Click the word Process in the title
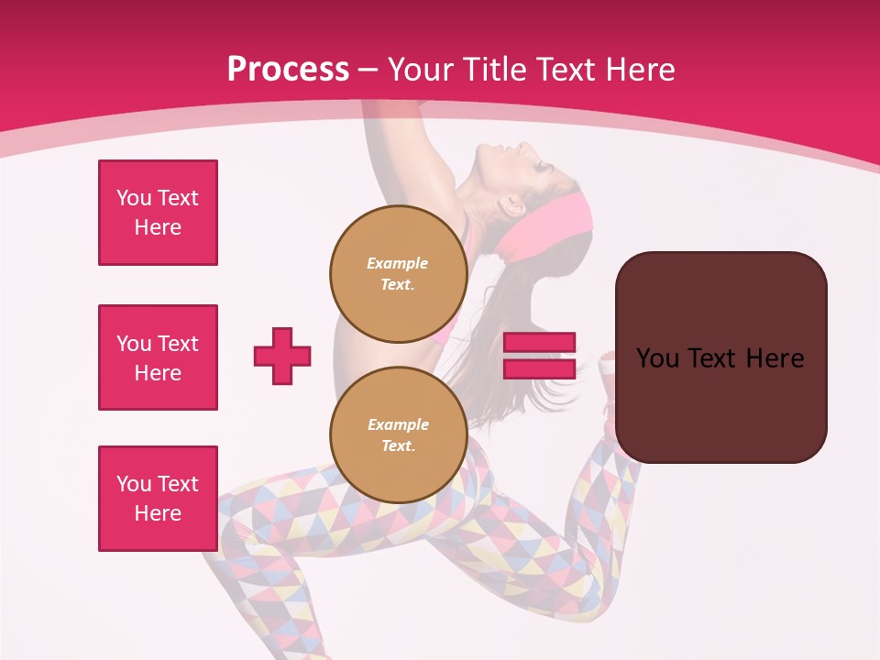coord(288,70)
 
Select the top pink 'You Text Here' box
coord(158,213)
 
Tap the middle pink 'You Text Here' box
coord(158,357)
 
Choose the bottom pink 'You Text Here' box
coord(158,499)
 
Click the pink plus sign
coord(282,356)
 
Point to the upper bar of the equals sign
coord(539,343)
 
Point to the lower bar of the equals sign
coord(539,368)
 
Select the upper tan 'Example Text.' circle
coord(398,273)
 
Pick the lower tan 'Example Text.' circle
coord(398,434)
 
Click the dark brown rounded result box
coord(720,403)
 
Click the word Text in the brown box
coord(720,358)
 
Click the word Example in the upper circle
coord(398,263)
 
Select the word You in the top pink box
coord(133,198)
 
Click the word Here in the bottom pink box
coord(158,513)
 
